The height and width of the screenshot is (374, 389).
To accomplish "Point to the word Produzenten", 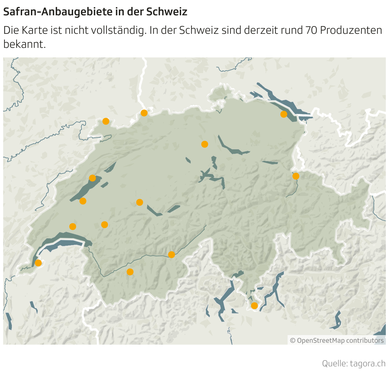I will point(351,30).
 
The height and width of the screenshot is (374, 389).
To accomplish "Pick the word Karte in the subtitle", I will point(35,30).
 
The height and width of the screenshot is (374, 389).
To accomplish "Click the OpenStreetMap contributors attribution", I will point(337,340).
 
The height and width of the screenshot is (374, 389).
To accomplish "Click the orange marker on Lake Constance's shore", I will point(283,114).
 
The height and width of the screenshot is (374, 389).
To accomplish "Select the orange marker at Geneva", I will point(38,263).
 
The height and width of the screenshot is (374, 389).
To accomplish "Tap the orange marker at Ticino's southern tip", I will point(254,306).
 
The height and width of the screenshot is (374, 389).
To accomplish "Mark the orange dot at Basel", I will point(144,113).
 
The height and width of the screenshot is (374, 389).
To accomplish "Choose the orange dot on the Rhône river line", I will point(172,255).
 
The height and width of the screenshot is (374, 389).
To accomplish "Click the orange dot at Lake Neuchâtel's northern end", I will point(92,178).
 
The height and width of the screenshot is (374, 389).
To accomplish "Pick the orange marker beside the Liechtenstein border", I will point(296,176).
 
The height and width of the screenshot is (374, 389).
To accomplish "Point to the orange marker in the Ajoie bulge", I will point(106,121).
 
